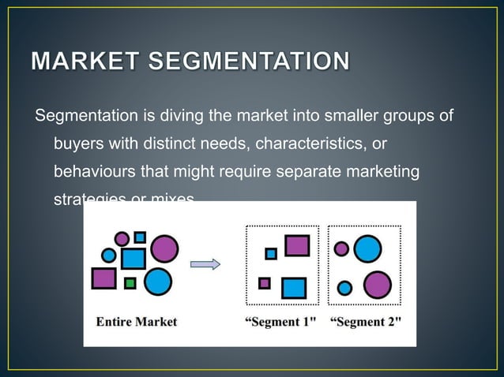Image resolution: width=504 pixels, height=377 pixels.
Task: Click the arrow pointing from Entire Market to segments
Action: [205, 265]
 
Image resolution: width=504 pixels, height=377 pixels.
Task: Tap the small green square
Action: [130, 282]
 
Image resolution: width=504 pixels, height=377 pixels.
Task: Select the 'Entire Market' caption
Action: [137, 322]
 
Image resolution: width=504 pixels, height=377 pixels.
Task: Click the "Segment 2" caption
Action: [366, 322]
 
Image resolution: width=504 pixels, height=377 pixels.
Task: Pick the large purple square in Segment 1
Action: [297, 246]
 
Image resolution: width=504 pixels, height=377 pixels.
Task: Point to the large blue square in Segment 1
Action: [293, 287]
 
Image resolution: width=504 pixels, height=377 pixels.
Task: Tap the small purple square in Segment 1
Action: [265, 283]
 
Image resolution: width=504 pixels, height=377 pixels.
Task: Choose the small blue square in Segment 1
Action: [271, 254]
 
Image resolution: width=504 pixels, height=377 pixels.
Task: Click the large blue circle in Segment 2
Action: [367, 249]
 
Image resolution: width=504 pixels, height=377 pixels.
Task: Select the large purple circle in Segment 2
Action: [378, 284]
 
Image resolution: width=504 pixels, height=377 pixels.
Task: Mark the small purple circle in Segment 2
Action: [341, 248]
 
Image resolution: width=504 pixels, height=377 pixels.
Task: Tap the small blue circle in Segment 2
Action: [344, 288]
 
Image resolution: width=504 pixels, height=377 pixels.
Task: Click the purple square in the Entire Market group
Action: [103, 278]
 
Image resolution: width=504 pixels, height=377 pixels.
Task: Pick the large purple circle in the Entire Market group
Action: [164, 248]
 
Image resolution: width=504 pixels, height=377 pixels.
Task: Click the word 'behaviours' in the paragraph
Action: [91, 170]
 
